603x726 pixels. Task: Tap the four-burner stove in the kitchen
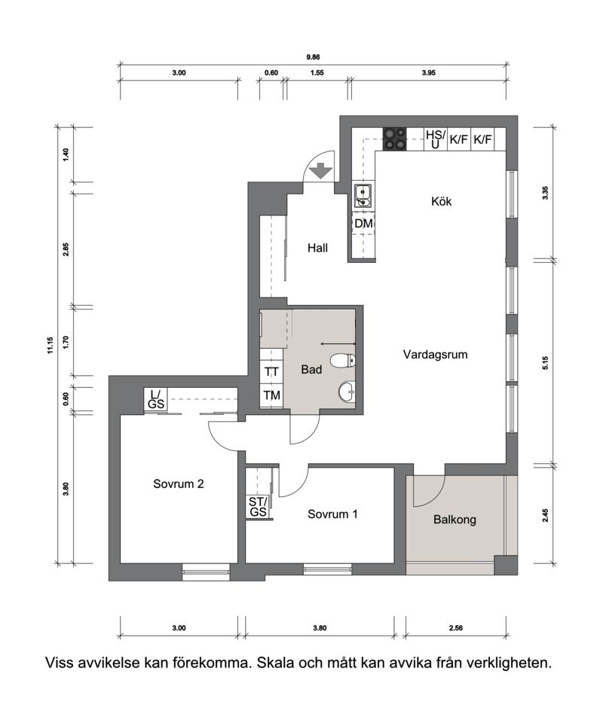coord(394,139)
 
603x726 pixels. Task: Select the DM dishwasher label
coord(363,224)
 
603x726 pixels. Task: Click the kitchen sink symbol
coord(363,196)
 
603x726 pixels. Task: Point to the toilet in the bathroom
coord(342,360)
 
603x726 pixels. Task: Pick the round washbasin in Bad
coord(347,392)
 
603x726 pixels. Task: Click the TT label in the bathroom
coord(271,372)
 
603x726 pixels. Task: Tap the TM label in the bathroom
coord(271,395)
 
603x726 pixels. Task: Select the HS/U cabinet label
coord(435,139)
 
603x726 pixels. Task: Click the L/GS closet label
coord(156,399)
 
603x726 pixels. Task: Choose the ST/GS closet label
coord(258,507)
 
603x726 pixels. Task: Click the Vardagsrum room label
coord(435,355)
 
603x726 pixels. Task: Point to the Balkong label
coord(455,520)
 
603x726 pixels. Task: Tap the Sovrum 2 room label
coord(179,483)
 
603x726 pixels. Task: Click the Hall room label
coord(317,249)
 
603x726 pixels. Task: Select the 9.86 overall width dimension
coord(313,57)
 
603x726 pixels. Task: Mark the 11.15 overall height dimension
coord(50,346)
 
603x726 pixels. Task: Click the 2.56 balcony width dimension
coord(455,628)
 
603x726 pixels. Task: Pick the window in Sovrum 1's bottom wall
coord(327,569)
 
